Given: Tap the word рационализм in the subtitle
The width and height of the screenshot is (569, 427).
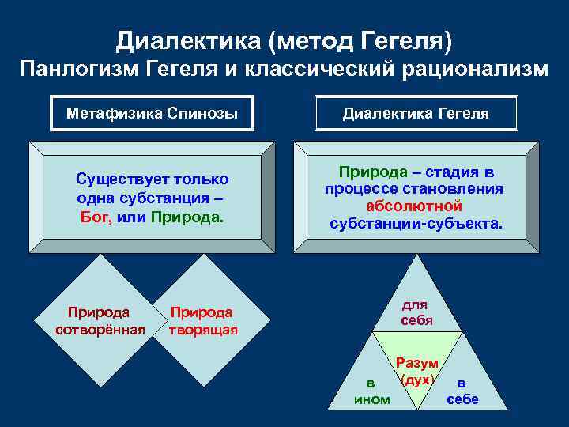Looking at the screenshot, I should click(x=477, y=69).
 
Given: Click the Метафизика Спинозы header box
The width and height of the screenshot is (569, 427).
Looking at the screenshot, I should click(x=152, y=114).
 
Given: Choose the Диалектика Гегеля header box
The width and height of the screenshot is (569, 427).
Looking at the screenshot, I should click(x=416, y=114).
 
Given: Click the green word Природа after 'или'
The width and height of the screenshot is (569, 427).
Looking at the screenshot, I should click(x=187, y=217).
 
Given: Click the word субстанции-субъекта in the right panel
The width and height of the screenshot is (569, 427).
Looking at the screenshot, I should click(x=416, y=223).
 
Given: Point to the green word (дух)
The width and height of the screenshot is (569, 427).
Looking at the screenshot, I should click(x=417, y=379).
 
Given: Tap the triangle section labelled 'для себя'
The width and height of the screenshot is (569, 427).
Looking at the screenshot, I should click(x=416, y=312).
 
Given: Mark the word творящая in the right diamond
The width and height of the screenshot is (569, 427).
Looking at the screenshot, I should click(x=203, y=330).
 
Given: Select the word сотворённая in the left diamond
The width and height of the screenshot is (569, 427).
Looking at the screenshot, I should click(x=100, y=330).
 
